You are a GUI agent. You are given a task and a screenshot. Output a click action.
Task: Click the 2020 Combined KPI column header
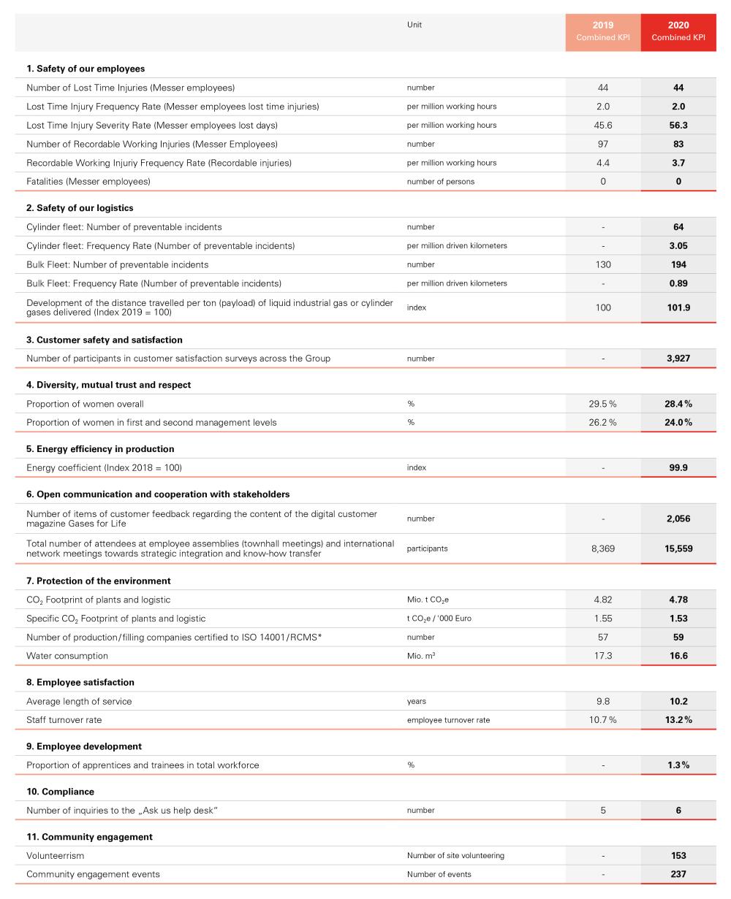pos(678,31)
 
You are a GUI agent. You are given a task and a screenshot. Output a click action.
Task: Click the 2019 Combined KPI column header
pos(603,31)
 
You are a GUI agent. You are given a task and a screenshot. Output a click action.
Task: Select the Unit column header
pos(414,25)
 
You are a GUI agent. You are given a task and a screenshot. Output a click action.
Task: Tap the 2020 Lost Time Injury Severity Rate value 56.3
pos(678,126)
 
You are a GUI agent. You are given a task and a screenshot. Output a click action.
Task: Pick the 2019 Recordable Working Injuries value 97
pos(603,144)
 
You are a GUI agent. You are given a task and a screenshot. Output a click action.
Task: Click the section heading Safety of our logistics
pos(80,208)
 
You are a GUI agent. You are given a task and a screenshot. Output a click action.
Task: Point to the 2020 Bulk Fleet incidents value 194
pos(678,264)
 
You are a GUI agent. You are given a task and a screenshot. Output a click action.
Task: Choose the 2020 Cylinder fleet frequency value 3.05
pos(678,246)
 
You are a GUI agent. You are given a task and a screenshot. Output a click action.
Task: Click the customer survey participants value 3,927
pos(678,359)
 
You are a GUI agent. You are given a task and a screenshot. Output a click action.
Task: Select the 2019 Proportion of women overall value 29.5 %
pos(603,404)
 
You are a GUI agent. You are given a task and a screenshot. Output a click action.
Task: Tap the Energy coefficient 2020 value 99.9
pos(678,468)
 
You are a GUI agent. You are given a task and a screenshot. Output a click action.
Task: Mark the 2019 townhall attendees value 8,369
pos(603,548)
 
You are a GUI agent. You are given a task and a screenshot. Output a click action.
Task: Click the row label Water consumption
pos(67,656)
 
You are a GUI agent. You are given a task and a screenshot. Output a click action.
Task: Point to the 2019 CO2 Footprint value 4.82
pos(603,600)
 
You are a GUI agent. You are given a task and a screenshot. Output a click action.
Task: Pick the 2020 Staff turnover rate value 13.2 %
pos(678,720)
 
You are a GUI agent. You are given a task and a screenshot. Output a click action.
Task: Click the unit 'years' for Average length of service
pos(417,701)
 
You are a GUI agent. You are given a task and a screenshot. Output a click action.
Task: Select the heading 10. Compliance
pos(60,792)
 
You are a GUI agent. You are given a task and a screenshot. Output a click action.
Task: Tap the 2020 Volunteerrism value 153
pos(678,856)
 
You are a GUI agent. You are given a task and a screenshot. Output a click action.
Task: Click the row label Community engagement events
pos(93,874)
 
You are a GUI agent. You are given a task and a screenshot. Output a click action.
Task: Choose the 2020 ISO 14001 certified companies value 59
pos(678,637)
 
